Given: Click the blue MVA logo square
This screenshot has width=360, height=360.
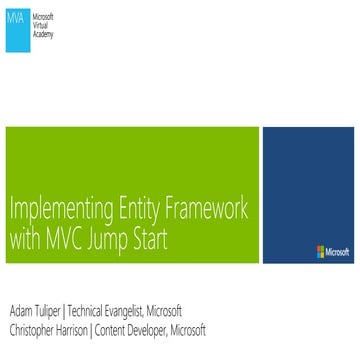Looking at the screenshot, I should point(17,21).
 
